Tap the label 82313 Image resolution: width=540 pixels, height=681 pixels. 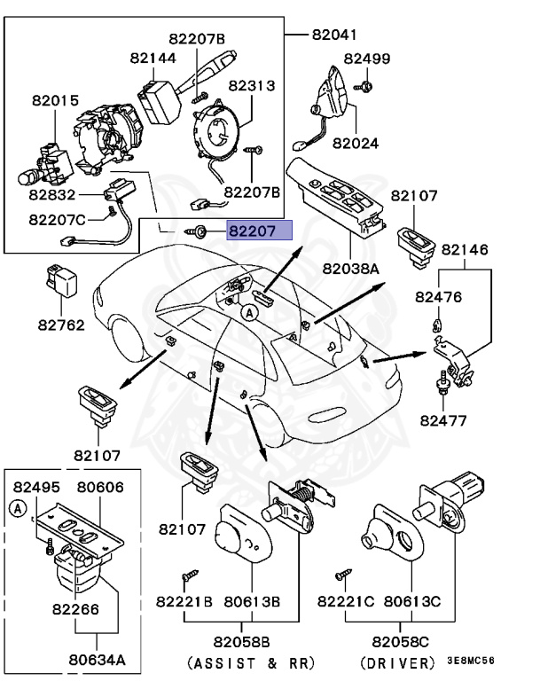(252, 86)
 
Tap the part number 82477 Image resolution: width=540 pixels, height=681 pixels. (443, 419)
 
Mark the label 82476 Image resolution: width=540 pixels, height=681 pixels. (440, 297)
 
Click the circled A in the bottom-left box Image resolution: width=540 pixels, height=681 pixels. (18, 507)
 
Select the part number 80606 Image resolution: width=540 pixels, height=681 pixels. (100, 487)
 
